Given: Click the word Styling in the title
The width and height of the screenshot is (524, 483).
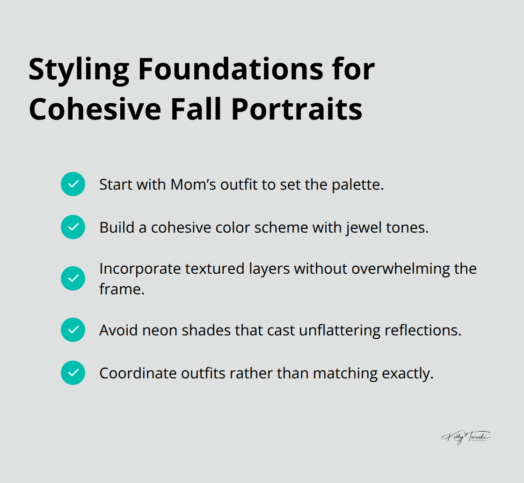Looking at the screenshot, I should (x=79, y=71).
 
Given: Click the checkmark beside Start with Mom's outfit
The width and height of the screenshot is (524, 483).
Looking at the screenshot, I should (x=73, y=184).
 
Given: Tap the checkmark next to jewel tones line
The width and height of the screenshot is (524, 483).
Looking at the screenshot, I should (x=73, y=227).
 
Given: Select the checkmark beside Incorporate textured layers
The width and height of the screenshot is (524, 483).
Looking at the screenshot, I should (x=73, y=278).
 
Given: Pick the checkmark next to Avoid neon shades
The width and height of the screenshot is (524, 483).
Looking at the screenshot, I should (x=73, y=330).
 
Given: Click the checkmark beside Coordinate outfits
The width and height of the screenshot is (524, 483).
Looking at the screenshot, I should (x=73, y=373).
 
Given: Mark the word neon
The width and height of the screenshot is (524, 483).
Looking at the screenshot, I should (x=162, y=330).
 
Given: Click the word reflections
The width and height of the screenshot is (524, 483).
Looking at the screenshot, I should (x=422, y=330).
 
